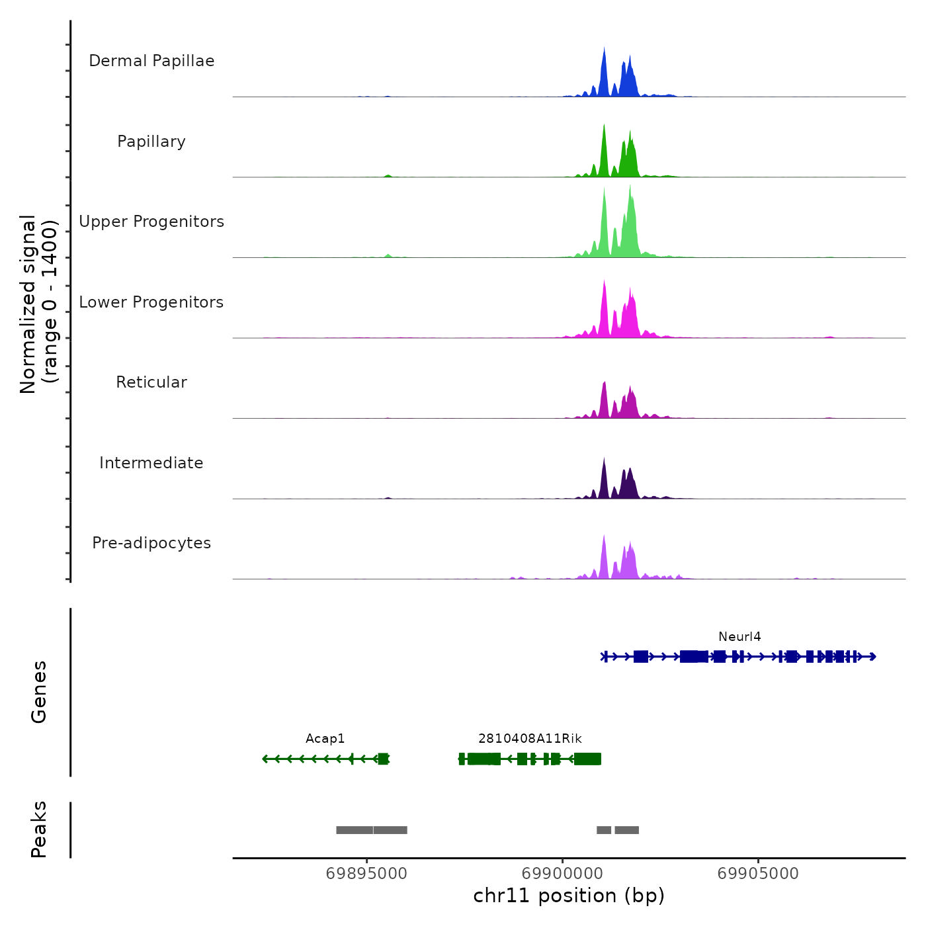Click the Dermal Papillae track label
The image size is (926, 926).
151,61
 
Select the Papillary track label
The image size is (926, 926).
151,142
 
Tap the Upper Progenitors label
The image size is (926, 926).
151,222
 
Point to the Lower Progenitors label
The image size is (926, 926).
151,302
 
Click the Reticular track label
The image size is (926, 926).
151,382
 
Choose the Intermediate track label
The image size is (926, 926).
151,463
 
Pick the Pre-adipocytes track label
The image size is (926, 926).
151,543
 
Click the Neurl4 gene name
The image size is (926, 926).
739,637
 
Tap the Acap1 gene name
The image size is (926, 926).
325,739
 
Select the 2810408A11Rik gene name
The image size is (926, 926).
530,739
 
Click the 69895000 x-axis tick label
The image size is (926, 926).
367,874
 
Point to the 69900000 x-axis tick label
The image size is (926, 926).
562,874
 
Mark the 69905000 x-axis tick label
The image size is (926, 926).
758,874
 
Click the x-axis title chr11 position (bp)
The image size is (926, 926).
569,896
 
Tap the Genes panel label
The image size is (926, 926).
39,692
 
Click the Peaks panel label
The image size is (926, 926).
39,829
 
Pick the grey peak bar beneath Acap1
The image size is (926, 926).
372,830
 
